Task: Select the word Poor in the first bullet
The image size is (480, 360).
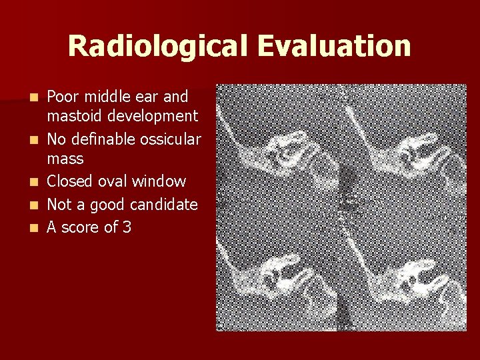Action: coord(61,97)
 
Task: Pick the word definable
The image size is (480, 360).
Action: coord(103,139)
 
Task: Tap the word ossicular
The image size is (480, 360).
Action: coord(170,139)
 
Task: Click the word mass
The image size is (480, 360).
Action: coord(65,159)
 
